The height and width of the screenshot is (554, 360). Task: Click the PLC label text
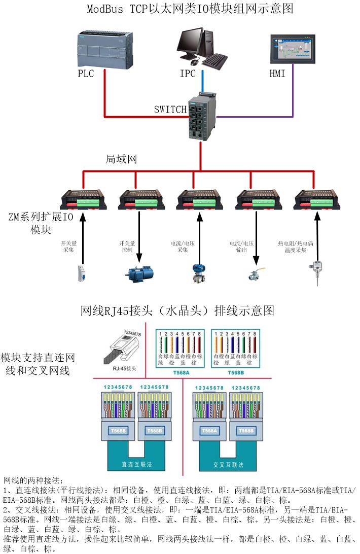86,74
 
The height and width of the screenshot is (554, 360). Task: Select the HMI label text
277,74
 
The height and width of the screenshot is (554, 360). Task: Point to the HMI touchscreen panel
293,49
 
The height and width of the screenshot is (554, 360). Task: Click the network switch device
202,115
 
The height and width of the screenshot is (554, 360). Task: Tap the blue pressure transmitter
197,272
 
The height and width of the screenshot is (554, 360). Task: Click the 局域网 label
122,159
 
